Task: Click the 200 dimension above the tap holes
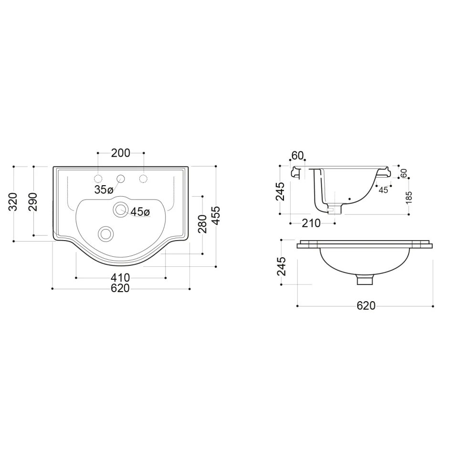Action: (x=120, y=153)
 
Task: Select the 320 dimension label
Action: (x=13, y=202)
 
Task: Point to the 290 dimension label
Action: (x=33, y=202)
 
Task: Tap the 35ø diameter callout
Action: (x=104, y=190)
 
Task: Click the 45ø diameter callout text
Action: (x=140, y=211)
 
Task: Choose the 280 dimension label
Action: (x=202, y=224)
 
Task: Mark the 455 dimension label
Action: (x=216, y=216)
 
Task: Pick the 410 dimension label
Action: (x=120, y=278)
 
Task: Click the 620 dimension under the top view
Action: (x=120, y=288)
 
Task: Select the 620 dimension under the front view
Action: (x=366, y=306)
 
